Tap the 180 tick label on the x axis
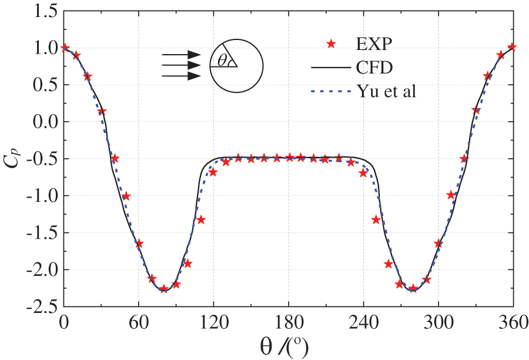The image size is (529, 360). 289,322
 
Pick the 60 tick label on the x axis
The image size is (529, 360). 139,322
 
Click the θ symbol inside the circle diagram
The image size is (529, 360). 222,60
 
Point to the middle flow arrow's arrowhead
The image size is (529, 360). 195,65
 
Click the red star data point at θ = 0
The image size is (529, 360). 65,48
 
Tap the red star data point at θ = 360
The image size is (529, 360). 513,46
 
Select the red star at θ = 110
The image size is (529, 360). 201,219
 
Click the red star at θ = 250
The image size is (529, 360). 376,219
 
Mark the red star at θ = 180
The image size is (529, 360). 289,157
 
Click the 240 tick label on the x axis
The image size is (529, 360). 363,322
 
